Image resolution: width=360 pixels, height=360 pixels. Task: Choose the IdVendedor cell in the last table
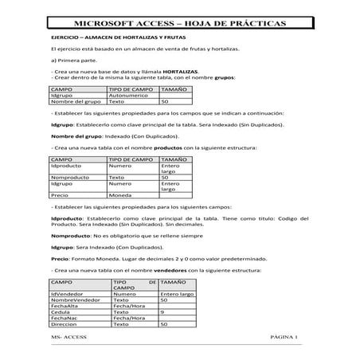tap(68, 293)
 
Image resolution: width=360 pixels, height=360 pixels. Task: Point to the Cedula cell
tap(60, 312)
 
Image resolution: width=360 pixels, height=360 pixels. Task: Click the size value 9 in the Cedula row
tap(162, 312)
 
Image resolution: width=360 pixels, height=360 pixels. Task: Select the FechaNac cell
tap(63, 319)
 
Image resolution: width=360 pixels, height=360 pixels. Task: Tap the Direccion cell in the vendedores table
tap(64, 325)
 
